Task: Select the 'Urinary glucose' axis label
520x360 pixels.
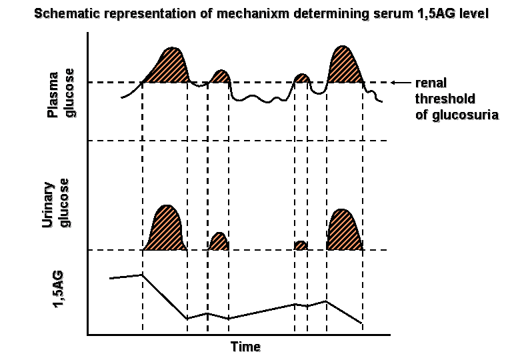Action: (56, 203)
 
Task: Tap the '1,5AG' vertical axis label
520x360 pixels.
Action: (58, 289)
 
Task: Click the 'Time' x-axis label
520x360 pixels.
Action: (245, 347)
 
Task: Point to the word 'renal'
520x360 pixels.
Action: (431, 83)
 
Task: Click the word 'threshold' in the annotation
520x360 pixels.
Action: (445, 99)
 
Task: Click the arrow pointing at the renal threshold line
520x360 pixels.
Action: (401, 83)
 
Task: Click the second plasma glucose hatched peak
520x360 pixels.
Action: (220, 77)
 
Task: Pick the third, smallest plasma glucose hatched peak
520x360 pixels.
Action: (302, 79)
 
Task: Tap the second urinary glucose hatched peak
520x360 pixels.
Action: (219, 242)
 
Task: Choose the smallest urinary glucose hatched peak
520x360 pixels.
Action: (301, 245)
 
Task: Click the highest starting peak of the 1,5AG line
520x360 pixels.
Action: (142, 275)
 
